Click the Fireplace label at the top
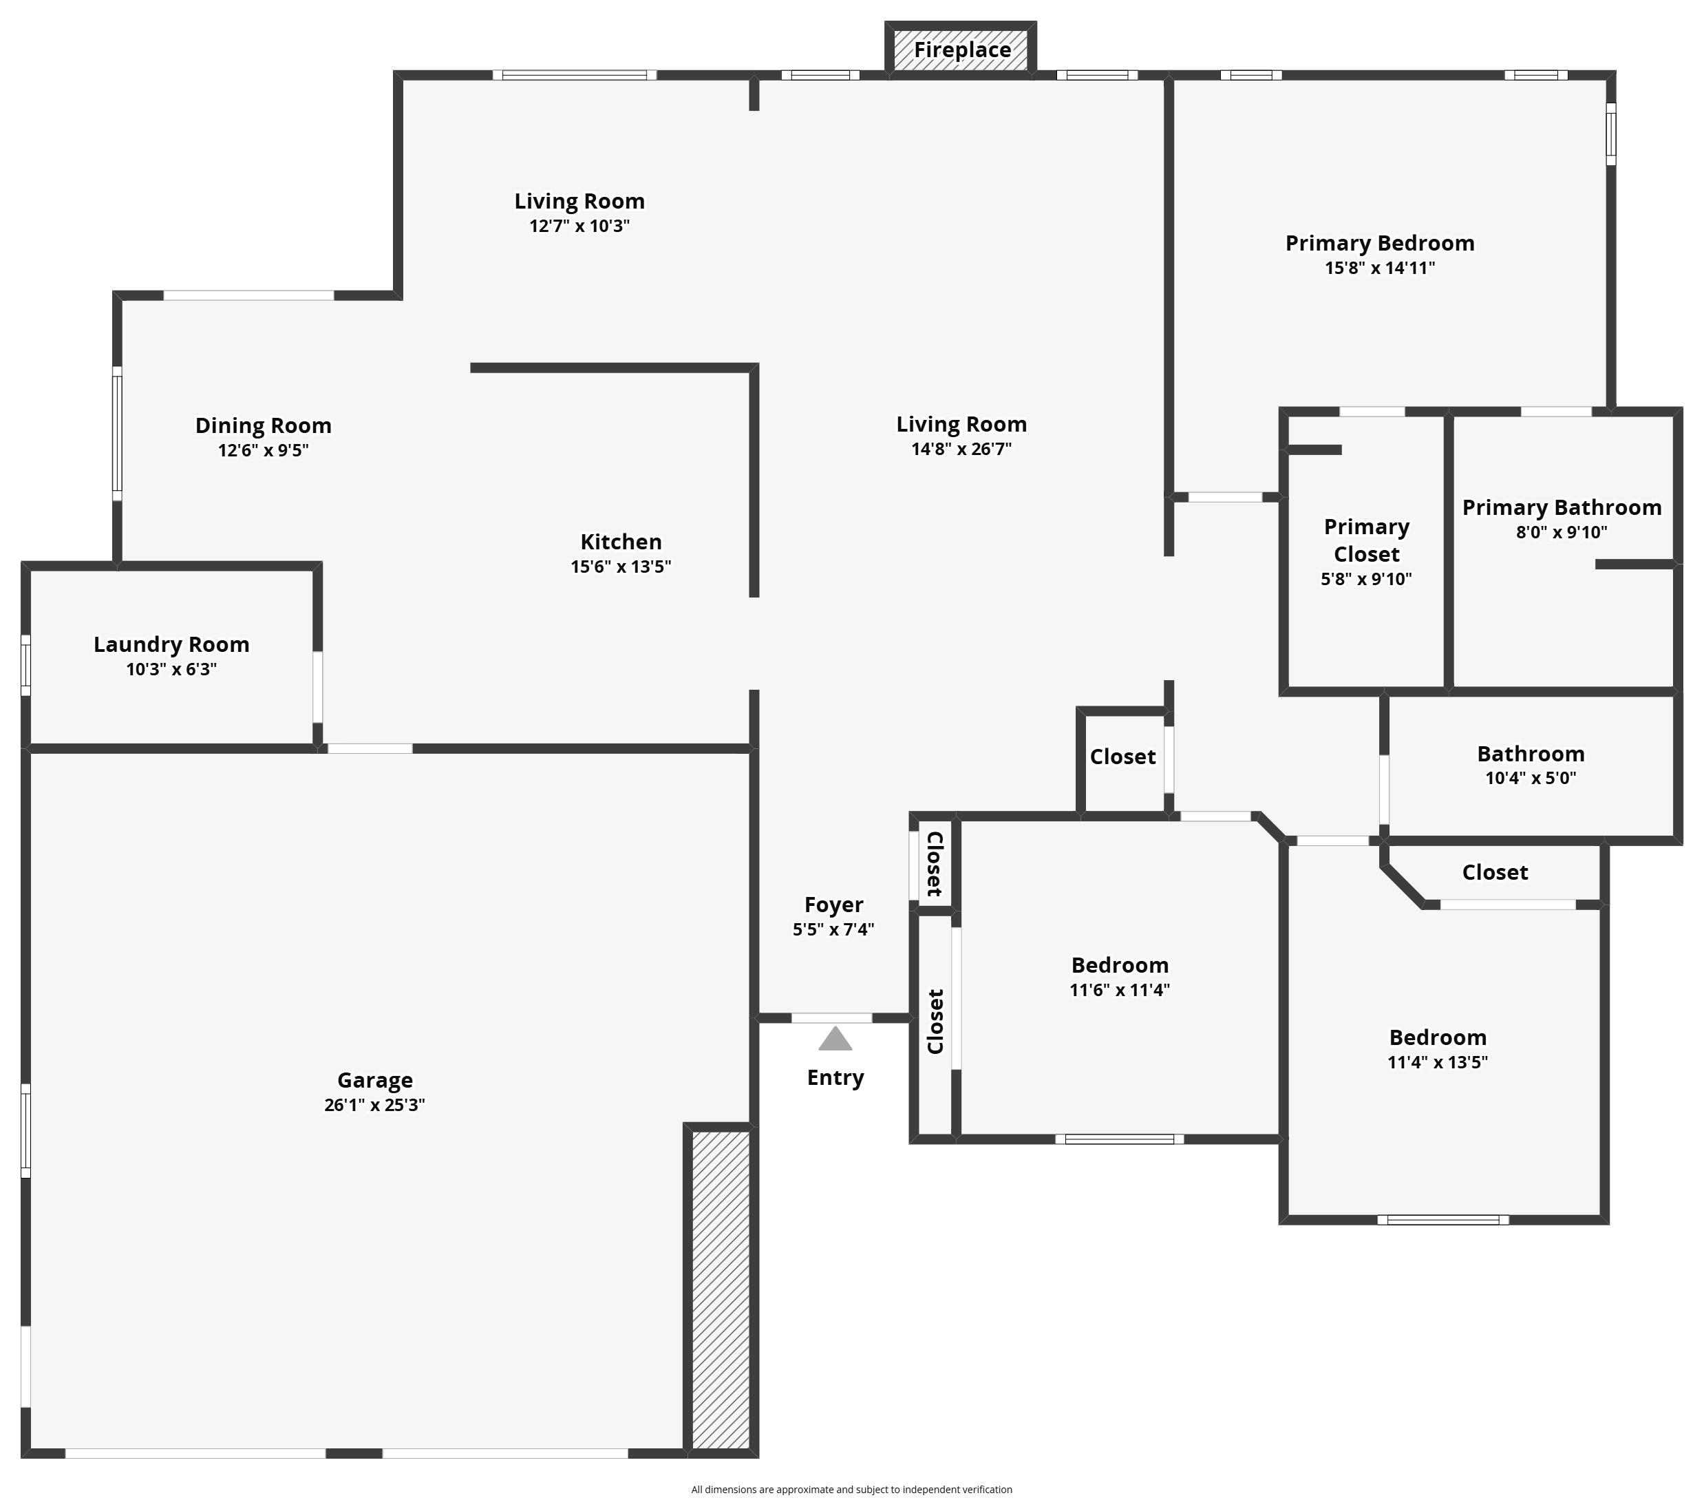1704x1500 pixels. point(962,50)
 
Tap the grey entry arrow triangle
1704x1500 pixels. point(835,1039)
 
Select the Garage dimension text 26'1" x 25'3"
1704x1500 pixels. point(374,1105)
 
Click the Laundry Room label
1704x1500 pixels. point(172,644)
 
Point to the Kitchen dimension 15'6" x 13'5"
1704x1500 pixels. point(620,567)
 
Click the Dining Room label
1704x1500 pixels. point(264,426)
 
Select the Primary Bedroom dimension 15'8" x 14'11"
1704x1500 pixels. point(1380,268)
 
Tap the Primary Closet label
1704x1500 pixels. point(1366,540)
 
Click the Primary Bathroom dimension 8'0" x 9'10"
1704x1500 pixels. point(1562,532)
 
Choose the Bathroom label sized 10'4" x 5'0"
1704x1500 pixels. point(1531,754)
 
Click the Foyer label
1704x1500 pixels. point(833,905)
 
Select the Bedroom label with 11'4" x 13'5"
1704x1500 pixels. point(1437,1038)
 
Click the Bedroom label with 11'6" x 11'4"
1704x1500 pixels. point(1120,966)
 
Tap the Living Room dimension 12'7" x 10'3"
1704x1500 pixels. point(579,226)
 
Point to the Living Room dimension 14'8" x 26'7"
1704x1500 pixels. point(961,450)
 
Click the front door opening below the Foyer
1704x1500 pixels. point(831,1018)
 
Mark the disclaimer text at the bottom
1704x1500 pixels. point(851,1489)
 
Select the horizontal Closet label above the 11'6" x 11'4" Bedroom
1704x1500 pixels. point(1122,757)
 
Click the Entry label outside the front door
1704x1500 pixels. point(835,1078)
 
